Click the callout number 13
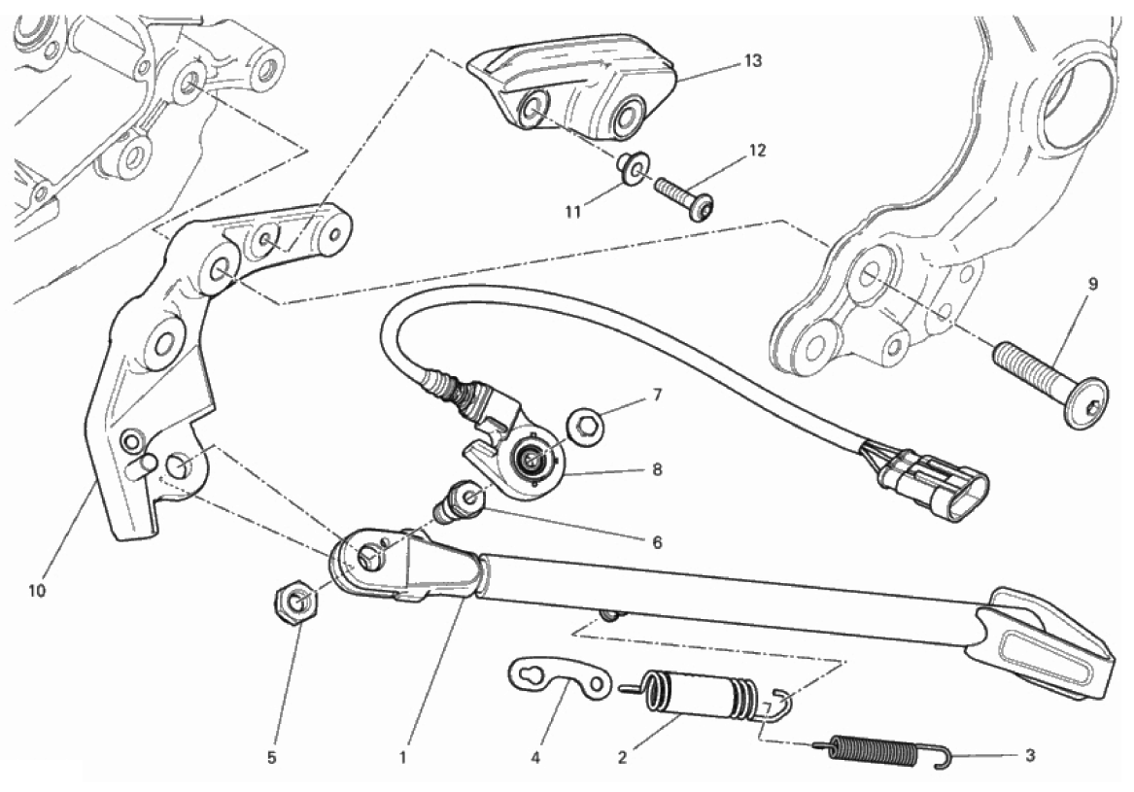[753, 61]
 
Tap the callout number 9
[1092, 285]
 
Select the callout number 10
[36, 591]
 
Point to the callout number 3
[1030, 756]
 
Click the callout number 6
[657, 541]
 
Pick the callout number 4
[535, 758]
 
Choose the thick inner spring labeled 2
[705, 696]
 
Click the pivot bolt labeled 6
[459, 500]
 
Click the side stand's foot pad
[1042, 643]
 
